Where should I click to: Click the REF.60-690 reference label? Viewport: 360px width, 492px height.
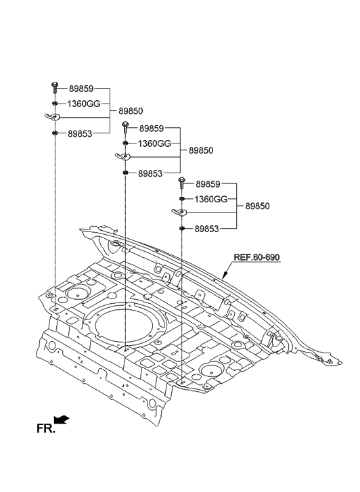tap(256, 258)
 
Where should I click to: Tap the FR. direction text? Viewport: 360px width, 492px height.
tap(45, 428)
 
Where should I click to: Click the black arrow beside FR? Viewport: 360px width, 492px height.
tap(62, 420)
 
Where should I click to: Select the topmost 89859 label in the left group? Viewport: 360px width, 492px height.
tap(81, 89)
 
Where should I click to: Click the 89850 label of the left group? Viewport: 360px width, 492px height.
tap(131, 111)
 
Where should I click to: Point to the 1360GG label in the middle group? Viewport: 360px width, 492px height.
tap(154, 143)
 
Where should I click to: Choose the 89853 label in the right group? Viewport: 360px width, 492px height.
tap(206, 229)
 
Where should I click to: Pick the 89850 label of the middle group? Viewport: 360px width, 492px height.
tap(201, 150)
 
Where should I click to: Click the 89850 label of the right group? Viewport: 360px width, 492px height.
tap(258, 206)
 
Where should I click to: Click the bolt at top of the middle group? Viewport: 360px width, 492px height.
tap(125, 127)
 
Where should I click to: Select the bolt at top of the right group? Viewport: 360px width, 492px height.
tap(182, 182)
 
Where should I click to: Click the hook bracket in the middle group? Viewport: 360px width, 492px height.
tap(124, 158)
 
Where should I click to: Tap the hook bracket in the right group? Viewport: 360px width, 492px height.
tap(181, 213)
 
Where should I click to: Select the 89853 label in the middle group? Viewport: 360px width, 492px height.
tap(150, 174)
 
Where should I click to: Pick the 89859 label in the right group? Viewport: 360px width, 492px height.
tap(208, 184)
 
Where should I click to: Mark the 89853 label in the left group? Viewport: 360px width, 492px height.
tap(81, 134)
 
